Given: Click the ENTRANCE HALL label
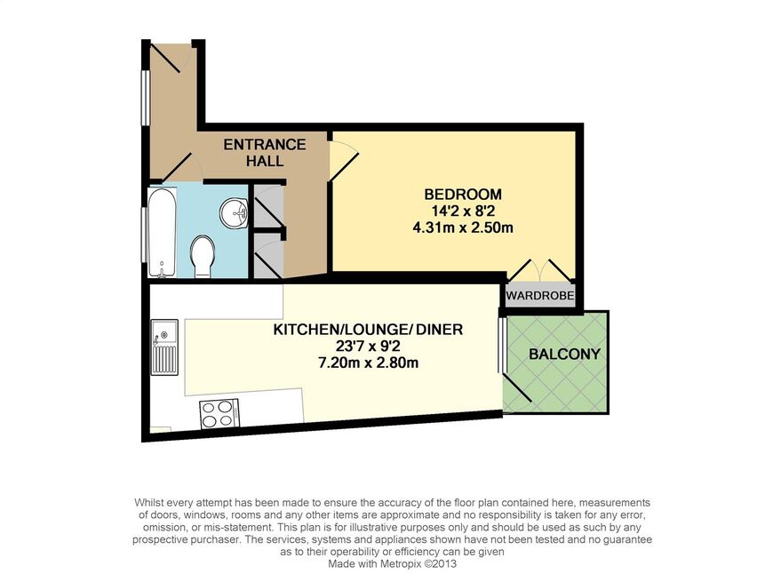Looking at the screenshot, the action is (265, 152).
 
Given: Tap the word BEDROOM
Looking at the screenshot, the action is (463, 195).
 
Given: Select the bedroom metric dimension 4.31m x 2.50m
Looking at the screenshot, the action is (463, 227).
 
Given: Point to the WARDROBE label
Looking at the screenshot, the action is (539, 296).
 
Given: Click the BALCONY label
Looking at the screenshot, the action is (564, 354).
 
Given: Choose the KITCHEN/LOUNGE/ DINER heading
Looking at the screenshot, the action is (368, 330).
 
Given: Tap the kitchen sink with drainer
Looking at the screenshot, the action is (164, 347).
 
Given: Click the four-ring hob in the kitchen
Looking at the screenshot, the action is (219, 414).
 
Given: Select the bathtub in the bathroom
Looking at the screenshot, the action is (162, 233).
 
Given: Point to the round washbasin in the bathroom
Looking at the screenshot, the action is (235, 213).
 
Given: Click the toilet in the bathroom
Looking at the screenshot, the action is (203, 257).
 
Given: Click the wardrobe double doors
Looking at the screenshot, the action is (539, 270).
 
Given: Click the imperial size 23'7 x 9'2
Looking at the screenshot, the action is (368, 346).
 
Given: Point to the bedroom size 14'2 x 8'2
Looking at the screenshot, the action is (463, 211).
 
